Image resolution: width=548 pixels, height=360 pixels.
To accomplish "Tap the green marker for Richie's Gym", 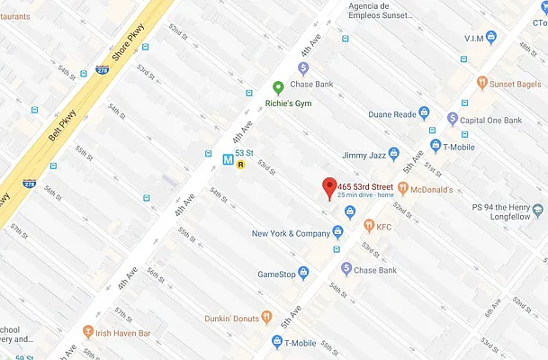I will click(x=278, y=87).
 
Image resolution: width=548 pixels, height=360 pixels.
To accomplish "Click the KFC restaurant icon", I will click(x=368, y=225).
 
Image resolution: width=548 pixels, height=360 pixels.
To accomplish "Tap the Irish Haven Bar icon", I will click(x=88, y=330).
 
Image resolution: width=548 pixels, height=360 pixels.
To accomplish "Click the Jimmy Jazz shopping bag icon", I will click(x=393, y=153).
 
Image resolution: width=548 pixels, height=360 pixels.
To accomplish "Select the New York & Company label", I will click(x=291, y=234).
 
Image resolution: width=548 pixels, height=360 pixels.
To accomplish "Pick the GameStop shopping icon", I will click(x=304, y=273).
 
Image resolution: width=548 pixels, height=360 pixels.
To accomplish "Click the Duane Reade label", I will click(x=392, y=114).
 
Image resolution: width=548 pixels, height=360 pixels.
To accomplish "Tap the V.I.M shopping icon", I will click(x=490, y=37).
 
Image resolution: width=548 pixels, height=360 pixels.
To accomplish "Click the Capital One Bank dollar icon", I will click(x=453, y=119).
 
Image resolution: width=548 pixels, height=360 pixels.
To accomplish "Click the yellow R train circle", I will click(x=241, y=164).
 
